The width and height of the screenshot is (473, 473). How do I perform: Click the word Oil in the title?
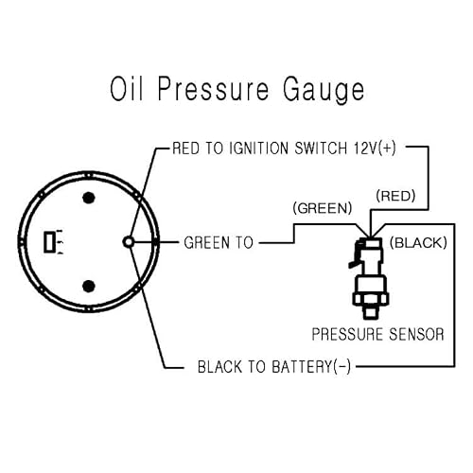tap(127, 89)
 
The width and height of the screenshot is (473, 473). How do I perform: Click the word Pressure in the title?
tap(213, 89)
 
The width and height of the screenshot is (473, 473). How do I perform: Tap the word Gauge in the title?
tap(324, 91)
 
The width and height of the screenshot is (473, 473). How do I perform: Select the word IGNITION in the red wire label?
tap(258, 149)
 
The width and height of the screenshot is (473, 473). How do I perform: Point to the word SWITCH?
tap(321, 149)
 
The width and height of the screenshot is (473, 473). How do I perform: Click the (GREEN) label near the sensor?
tap(323, 208)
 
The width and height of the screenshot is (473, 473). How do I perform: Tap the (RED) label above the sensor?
tap(395, 196)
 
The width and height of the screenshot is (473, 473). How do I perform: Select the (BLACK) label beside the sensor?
tap(418, 243)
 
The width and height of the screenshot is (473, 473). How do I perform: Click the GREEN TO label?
tap(219, 243)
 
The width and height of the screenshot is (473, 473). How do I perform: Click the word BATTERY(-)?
tap(311, 367)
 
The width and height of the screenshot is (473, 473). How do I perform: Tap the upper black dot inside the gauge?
tap(89, 198)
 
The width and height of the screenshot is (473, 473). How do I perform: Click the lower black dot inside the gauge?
tap(89, 286)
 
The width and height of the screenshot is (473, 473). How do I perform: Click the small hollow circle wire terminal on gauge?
tap(129, 242)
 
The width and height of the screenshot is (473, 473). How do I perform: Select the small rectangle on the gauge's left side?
tap(49, 242)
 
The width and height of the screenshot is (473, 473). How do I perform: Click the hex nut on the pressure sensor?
tap(371, 299)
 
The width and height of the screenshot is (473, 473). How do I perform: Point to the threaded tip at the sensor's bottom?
tap(371, 312)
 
